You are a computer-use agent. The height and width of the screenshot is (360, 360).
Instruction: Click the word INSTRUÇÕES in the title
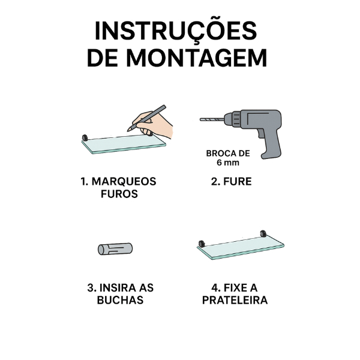pos(176,31)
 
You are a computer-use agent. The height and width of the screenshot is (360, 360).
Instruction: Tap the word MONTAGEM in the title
pos(197,58)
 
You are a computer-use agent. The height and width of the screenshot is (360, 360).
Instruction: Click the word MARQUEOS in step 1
pos(124,182)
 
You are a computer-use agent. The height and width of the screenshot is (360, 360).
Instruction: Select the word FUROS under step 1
pos(119,194)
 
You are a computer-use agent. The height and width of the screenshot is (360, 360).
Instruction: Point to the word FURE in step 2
pos(238,182)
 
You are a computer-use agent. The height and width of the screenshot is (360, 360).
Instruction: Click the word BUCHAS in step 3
pos(121,300)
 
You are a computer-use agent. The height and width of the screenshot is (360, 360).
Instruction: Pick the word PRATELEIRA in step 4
pos(235,300)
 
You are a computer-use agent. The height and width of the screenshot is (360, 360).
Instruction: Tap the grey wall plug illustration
pos(115,249)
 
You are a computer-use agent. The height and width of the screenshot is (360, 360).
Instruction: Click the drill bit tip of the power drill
pos(200,119)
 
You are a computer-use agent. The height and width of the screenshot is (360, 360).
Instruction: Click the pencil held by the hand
pos(146,118)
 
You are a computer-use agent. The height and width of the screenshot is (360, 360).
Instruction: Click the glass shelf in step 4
pos(241,248)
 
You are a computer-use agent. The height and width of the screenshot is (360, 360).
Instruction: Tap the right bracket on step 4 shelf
pos(263,233)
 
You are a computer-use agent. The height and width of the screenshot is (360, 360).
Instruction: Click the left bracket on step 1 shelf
pos(85,138)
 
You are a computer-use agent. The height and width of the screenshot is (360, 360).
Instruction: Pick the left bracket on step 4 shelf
pos(202,244)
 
